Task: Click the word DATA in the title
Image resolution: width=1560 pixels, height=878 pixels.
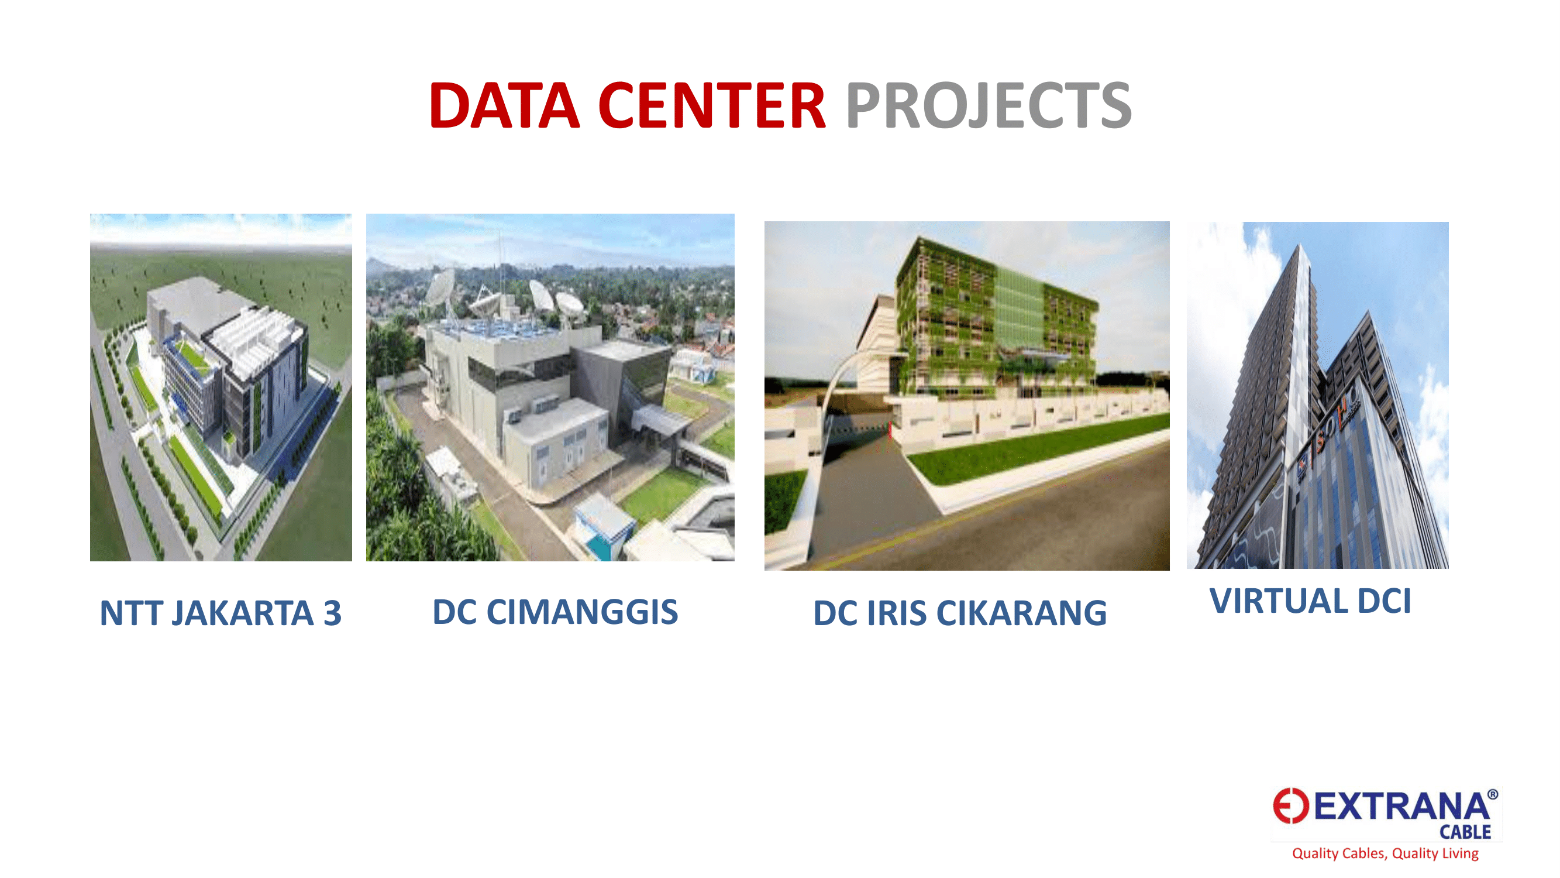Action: point(504,105)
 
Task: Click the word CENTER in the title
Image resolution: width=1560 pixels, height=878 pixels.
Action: point(712,105)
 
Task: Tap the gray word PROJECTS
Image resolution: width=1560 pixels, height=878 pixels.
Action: point(989,106)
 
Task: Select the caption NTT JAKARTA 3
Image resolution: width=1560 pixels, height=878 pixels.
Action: point(221,613)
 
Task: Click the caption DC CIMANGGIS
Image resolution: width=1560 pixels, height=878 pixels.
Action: point(555,612)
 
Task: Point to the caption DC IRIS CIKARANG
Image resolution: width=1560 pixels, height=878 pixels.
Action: point(960,613)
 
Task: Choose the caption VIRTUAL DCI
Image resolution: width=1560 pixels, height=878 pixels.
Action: point(1310,601)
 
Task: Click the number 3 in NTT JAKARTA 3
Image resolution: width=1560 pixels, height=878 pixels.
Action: point(332,613)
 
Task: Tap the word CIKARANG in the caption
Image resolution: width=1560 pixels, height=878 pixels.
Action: point(1022,613)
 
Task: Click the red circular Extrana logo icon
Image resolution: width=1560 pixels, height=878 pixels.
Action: point(1290,806)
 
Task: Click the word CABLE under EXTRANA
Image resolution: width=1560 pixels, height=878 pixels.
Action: point(1465,832)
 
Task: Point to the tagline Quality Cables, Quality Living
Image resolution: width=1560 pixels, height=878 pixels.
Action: point(1386,854)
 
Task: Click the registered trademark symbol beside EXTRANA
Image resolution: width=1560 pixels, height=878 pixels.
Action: point(1493,794)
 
